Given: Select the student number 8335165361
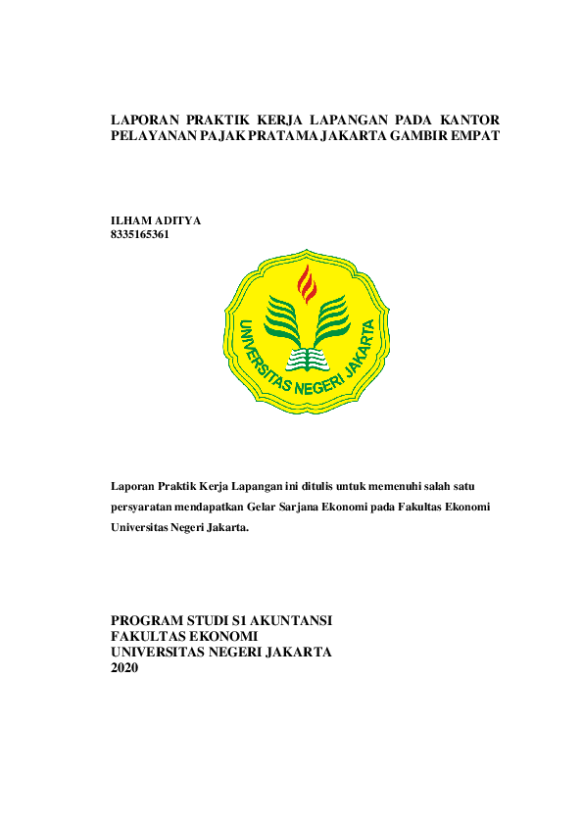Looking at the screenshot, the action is click(x=140, y=234).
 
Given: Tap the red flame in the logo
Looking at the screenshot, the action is click(x=307, y=283).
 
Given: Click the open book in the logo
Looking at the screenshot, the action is click(x=307, y=360).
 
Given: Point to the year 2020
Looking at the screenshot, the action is click(x=125, y=667).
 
